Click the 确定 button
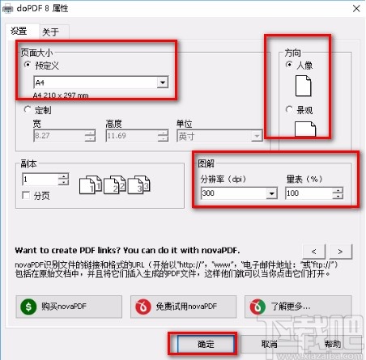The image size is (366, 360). (202, 343)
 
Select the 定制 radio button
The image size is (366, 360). (28, 108)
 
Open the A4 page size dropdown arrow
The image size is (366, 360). (162, 83)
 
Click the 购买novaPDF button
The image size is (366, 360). (67, 305)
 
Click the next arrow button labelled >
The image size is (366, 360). (340, 250)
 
